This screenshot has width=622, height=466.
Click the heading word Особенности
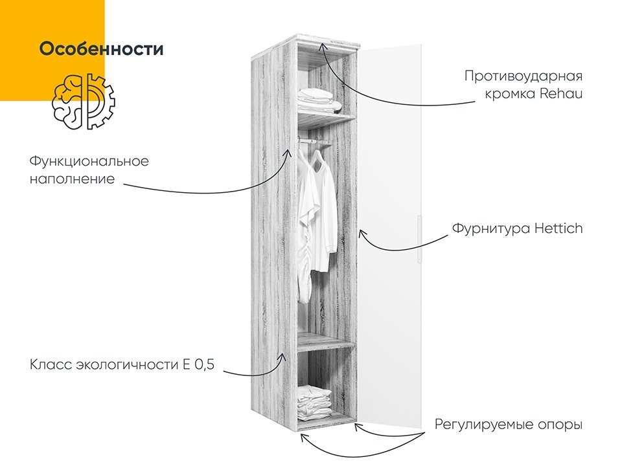(x=102, y=49)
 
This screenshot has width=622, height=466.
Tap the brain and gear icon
(x=84, y=102)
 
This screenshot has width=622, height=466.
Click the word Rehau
(x=561, y=94)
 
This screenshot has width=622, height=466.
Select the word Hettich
(x=559, y=228)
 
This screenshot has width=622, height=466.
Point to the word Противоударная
(x=524, y=76)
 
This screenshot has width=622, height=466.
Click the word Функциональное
(x=89, y=162)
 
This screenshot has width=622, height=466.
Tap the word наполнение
(x=72, y=179)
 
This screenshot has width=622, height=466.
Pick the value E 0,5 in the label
(x=199, y=364)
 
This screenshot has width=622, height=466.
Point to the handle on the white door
(x=419, y=239)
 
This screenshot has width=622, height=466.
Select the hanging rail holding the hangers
(x=314, y=141)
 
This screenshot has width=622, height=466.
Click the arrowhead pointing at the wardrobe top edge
(x=323, y=46)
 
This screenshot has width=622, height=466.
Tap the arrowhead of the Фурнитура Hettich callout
(x=361, y=234)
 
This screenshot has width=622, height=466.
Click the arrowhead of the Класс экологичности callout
(x=282, y=357)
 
